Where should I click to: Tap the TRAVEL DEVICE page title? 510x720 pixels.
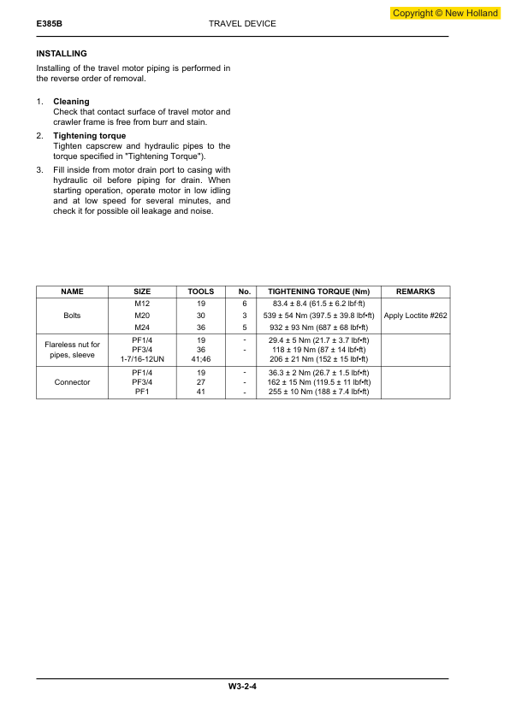(242, 24)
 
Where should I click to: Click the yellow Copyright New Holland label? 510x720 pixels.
(445, 14)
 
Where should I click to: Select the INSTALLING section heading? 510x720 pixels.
(62, 54)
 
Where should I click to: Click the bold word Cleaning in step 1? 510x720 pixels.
(71, 102)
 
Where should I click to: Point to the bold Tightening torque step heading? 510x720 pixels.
(89, 136)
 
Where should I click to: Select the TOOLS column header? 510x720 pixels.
(201, 292)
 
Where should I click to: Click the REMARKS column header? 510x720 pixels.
(416, 292)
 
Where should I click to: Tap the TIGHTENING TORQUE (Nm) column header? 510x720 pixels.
(318, 292)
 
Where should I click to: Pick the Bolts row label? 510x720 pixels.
(73, 316)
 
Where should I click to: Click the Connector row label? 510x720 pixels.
(73, 382)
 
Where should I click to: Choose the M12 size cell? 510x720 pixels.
(143, 304)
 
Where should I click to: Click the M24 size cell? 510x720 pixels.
(143, 327)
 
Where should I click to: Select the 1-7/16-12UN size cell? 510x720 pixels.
(143, 360)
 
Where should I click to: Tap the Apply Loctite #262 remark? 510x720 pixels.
(416, 316)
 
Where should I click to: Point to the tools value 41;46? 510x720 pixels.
(201, 360)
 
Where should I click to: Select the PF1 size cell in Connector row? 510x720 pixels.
(143, 392)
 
